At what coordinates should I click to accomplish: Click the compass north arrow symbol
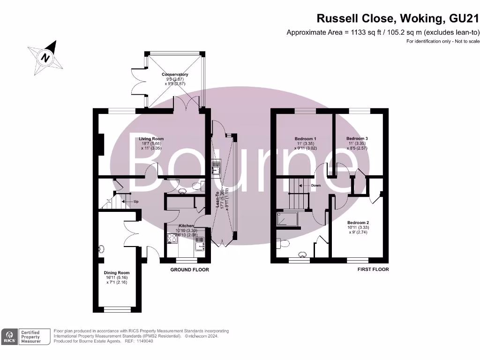point(45,58)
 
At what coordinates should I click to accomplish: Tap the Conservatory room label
point(175,75)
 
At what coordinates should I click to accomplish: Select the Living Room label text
point(151,139)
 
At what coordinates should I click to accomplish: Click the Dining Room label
point(117,272)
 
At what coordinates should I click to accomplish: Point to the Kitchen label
point(186,226)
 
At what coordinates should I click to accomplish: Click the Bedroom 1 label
point(305,139)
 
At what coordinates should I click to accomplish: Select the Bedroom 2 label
point(358,223)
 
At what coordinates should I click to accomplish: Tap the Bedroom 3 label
point(357,139)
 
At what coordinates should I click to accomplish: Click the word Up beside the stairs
point(136,201)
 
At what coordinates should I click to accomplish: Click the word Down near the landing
point(316,186)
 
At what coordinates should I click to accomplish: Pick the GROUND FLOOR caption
point(189,270)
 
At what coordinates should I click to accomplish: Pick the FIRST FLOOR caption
point(373,270)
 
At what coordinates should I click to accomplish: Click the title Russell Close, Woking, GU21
point(398,19)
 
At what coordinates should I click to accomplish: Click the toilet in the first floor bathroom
point(281,243)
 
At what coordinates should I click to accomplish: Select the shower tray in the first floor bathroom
point(288,219)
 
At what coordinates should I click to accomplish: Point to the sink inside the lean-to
point(216,167)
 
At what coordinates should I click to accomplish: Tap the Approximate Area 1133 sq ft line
point(383,32)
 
